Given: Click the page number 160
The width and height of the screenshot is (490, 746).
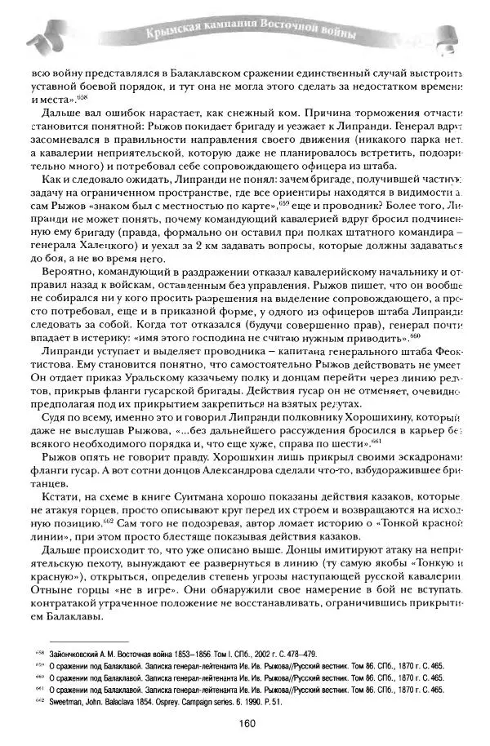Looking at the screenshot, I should click(x=249, y=722).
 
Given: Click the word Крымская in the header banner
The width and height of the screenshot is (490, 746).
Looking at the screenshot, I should click(x=173, y=33).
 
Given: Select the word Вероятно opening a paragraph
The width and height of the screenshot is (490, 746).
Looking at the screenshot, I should click(x=69, y=270).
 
